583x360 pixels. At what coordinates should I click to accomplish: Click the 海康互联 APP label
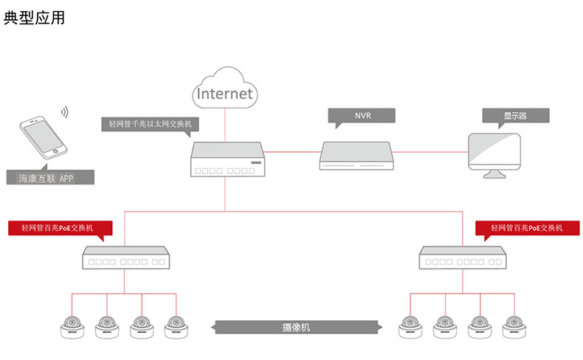pos(49,178)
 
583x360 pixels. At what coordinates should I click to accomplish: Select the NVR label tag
pos(362,116)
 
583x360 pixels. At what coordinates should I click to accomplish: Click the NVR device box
pos(358,155)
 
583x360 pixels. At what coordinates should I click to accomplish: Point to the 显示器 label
pos(515,116)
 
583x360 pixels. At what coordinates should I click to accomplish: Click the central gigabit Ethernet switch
pos(227,160)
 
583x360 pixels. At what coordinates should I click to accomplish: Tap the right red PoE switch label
pos(527,228)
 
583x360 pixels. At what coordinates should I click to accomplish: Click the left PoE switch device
pos(124,259)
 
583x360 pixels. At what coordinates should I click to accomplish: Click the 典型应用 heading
pos(34,17)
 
